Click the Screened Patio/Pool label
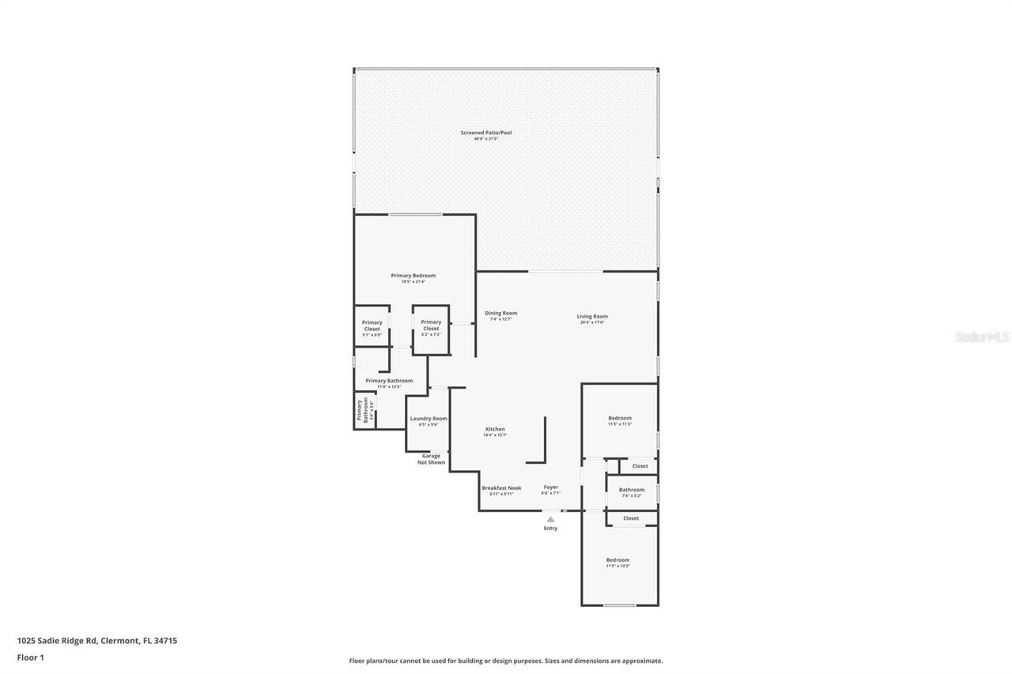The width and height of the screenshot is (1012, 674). click(x=486, y=133)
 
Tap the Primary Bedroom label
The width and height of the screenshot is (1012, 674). click(x=413, y=276)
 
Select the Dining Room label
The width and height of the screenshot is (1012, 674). click(x=500, y=314)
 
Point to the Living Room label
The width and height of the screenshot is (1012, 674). click(x=591, y=317)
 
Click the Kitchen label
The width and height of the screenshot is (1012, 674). click(x=495, y=429)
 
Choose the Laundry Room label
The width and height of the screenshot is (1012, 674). click(x=428, y=419)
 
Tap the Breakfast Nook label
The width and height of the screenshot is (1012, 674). click(x=501, y=488)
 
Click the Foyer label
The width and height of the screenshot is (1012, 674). click(x=550, y=488)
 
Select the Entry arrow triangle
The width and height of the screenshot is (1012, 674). click(x=550, y=519)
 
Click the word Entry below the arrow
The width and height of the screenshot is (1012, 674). click(x=550, y=529)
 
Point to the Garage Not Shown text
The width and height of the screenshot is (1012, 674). click(x=431, y=459)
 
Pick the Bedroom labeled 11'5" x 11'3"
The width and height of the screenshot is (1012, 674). click(x=619, y=418)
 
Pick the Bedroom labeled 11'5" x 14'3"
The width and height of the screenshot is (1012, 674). click(x=617, y=560)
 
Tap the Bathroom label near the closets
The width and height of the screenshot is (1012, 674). click(x=631, y=490)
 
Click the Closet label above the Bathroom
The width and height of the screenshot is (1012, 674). click(x=640, y=466)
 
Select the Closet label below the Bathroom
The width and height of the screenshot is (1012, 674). click(x=631, y=518)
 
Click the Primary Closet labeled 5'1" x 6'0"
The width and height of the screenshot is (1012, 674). click(x=372, y=326)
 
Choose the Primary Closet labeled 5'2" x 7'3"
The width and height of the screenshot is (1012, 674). click(x=431, y=325)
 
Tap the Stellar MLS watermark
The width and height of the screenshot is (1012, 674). click(x=982, y=337)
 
